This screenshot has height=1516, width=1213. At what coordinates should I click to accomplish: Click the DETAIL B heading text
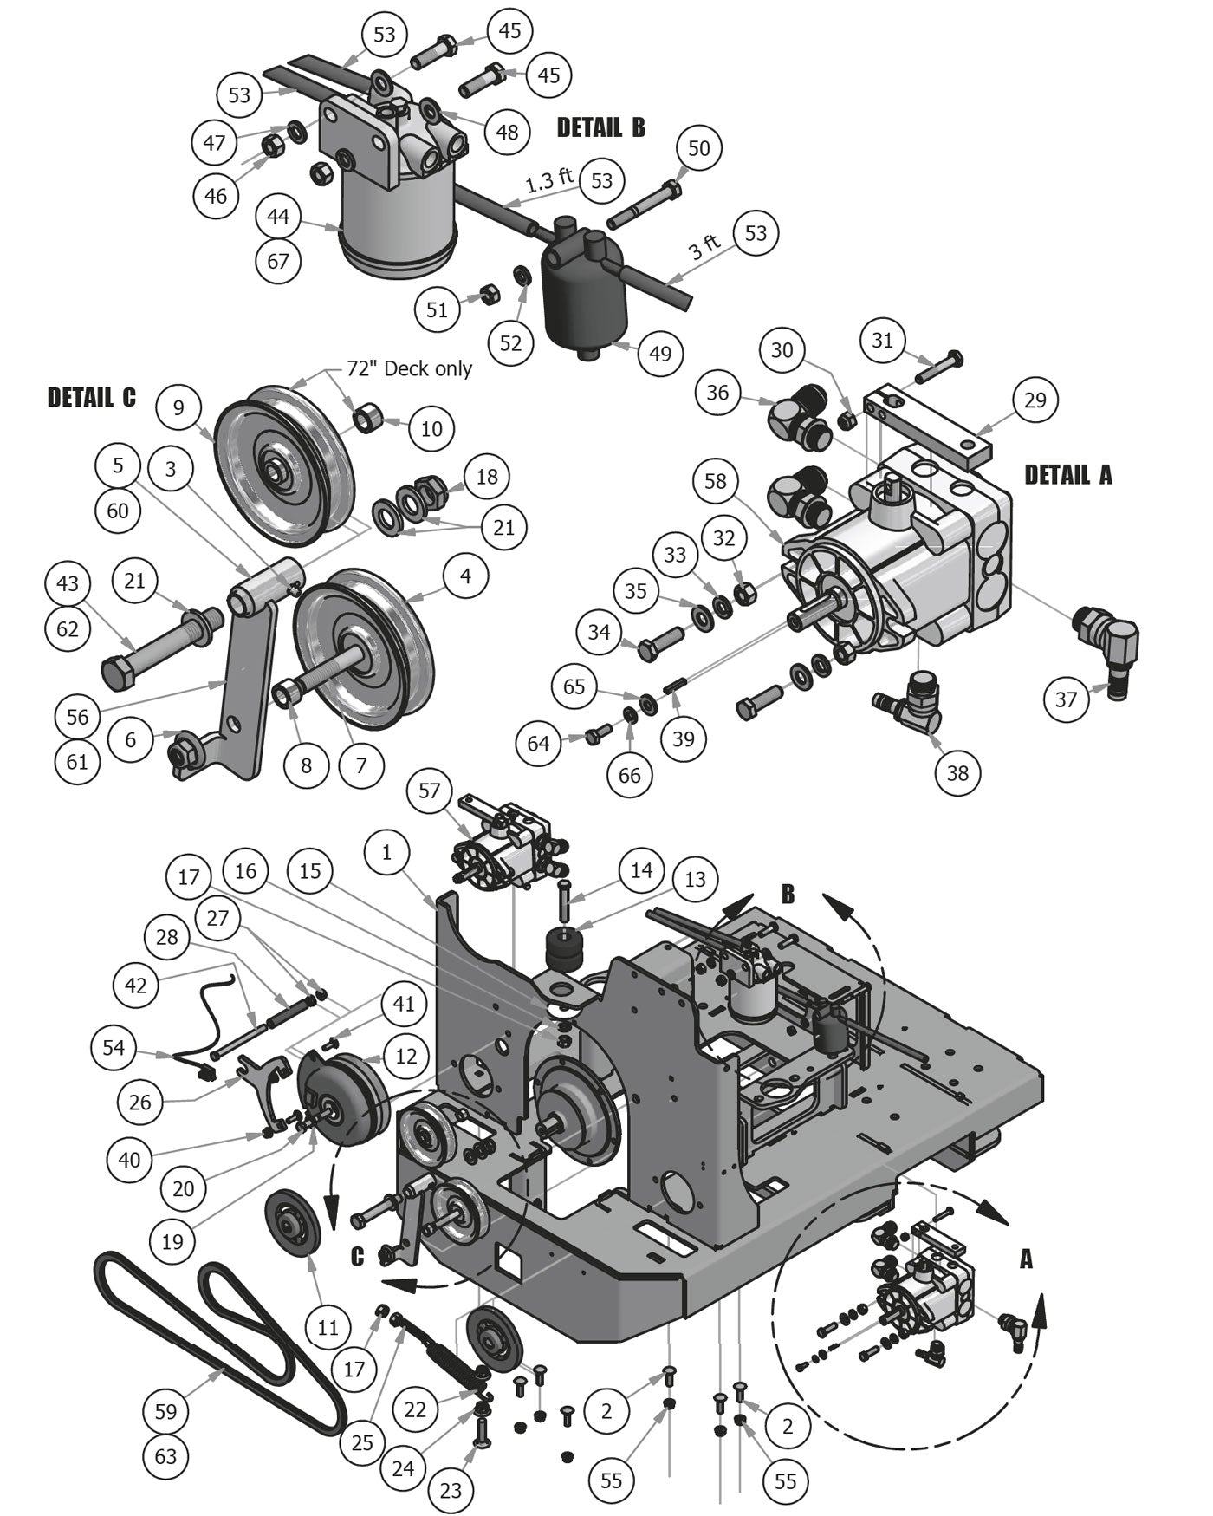(600, 127)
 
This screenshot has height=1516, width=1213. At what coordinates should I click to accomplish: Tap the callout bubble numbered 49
(660, 354)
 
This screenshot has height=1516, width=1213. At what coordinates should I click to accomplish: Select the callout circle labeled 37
(1066, 699)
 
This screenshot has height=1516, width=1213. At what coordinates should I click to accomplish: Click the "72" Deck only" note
(409, 368)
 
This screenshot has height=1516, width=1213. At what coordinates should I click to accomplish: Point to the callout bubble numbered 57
(429, 791)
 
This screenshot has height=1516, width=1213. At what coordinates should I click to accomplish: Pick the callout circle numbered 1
(386, 852)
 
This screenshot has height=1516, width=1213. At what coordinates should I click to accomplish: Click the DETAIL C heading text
(92, 398)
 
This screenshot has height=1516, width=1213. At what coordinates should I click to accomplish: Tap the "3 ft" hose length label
(704, 248)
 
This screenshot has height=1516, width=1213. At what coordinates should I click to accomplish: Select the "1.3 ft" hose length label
(549, 180)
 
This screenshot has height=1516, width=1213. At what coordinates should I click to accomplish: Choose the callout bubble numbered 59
(165, 1411)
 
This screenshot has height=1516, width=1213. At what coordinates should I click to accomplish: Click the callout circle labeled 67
(278, 261)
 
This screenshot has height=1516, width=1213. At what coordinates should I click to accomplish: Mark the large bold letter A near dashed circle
(1026, 1259)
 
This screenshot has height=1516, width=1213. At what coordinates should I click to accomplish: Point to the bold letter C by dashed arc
(357, 1255)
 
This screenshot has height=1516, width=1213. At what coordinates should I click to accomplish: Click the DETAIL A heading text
(1067, 475)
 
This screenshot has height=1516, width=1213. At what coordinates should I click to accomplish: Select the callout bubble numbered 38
(957, 772)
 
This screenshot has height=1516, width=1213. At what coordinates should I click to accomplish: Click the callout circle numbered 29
(1035, 400)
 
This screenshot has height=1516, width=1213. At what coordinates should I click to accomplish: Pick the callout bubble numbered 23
(451, 1491)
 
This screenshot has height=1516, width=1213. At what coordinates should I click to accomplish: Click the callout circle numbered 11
(328, 1327)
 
